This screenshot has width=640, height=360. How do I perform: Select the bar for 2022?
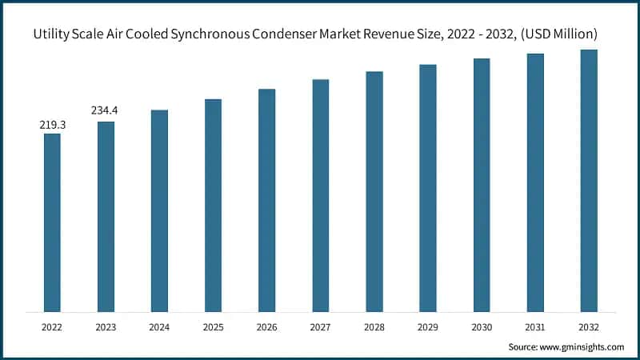(x=52, y=222)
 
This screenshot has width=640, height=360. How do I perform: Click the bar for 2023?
(x=106, y=216)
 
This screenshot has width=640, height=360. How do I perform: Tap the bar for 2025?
(x=213, y=206)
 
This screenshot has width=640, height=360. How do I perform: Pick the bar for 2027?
(x=320, y=195)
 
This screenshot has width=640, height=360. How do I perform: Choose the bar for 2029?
(x=428, y=188)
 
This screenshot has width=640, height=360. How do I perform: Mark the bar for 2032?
(x=589, y=181)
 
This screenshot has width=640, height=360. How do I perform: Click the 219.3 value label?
(x=52, y=126)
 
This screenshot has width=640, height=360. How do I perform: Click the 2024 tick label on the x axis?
(x=159, y=326)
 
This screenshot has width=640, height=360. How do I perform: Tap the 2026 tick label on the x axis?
(x=266, y=326)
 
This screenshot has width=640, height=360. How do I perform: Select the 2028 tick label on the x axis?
(x=374, y=326)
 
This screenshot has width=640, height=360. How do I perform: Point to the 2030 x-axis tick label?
(x=482, y=326)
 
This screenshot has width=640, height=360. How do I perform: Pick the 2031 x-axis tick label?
(x=535, y=326)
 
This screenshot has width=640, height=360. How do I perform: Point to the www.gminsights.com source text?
(x=581, y=347)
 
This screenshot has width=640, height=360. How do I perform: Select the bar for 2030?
(x=482, y=185)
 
